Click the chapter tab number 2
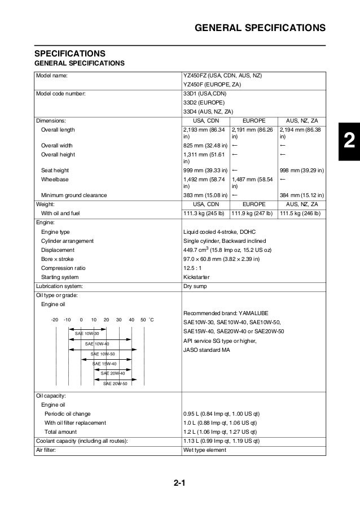(349, 140)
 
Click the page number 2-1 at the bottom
(180, 483)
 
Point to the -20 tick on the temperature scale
(55, 320)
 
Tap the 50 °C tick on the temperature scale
(143, 320)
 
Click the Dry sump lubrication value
(195, 286)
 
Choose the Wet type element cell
(205, 450)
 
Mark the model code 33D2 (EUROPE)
(204, 102)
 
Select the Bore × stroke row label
(59, 259)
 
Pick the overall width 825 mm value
(205, 145)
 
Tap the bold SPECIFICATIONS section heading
(70, 53)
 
